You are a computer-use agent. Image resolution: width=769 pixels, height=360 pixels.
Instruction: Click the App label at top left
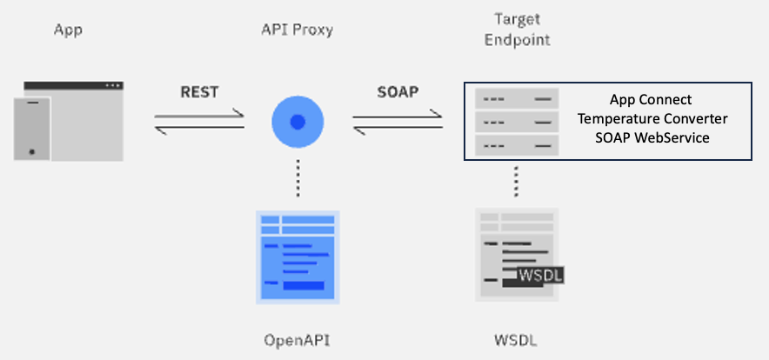click(x=68, y=30)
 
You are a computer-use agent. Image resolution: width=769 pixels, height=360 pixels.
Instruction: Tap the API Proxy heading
click(x=298, y=30)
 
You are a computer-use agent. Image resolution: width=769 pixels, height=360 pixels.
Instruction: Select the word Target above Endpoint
click(x=517, y=20)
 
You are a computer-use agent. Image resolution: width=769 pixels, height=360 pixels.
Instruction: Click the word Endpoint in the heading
click(x=517, y=40)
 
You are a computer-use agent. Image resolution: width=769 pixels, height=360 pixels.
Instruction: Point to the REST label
click(x=199, y=91)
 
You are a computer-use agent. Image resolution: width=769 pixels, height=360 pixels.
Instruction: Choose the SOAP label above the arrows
click(x=398, y=91)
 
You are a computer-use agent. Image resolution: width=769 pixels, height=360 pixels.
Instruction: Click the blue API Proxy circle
click(x=298, y=122)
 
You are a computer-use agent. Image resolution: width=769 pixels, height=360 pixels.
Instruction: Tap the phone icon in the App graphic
click(x=32, y=129)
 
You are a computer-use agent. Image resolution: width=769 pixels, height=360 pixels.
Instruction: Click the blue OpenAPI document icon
click(x=298, y=257)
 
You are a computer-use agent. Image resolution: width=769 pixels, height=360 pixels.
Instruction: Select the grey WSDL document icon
click(x=517, y=254)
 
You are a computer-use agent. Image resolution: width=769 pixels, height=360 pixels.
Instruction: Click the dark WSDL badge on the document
click(x=540, y=275)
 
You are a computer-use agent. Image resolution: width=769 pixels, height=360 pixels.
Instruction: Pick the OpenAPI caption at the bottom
click(x=298, y=340)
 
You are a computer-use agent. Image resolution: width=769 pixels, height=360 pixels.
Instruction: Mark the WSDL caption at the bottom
click(x=517, y=340)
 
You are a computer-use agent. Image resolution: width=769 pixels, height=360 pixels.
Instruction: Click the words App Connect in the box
click(x=651, y=99)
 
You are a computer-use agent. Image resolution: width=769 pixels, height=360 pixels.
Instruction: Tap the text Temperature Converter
click(x=652, y=118)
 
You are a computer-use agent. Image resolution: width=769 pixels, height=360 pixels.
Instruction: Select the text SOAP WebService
click(x=652, y=137)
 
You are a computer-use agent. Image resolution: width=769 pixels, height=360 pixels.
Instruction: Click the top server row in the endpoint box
click(x=517, y=98)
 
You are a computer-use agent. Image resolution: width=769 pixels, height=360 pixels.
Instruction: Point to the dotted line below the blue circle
click(x=298, y=177)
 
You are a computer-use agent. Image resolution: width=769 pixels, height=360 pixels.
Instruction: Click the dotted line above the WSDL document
click(x=516, y=182)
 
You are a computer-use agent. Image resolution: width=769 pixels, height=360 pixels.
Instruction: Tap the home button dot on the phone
click(x=32, y=152)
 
